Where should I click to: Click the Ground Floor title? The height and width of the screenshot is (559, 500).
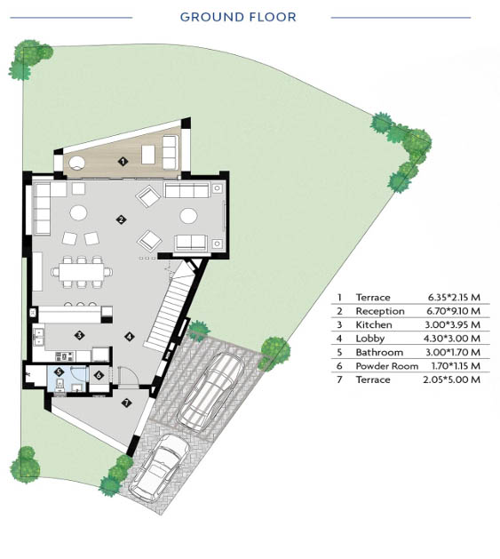point(238,17)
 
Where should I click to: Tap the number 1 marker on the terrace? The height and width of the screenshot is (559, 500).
point(123,162)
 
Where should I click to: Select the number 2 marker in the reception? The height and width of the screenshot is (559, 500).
point(121,220)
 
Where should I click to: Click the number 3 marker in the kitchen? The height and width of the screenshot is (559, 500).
point(79,335)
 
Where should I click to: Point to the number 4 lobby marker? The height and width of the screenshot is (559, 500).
point(130,336)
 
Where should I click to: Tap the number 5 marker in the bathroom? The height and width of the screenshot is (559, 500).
point(60,372)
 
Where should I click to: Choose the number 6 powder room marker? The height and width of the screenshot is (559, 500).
point(99,375)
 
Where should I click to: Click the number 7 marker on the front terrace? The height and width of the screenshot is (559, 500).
point(126,403)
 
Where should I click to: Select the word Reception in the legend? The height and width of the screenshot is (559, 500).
point(380,312)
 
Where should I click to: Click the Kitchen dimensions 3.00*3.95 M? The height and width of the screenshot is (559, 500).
point(453,324)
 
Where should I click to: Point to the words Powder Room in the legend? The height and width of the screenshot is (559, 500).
point(386,366)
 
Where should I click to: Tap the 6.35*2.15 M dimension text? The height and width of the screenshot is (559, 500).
point(454,297)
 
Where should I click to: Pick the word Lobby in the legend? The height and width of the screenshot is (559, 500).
point(370,339)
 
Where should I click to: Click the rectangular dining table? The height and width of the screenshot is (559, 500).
point(82,272)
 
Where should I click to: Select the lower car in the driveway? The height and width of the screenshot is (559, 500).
point(159,468)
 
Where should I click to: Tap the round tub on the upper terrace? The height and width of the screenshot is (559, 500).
point(76,164)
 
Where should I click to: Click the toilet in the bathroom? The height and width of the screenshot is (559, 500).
point(60,385)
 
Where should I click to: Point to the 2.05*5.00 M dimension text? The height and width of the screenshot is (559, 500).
point(451,379)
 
